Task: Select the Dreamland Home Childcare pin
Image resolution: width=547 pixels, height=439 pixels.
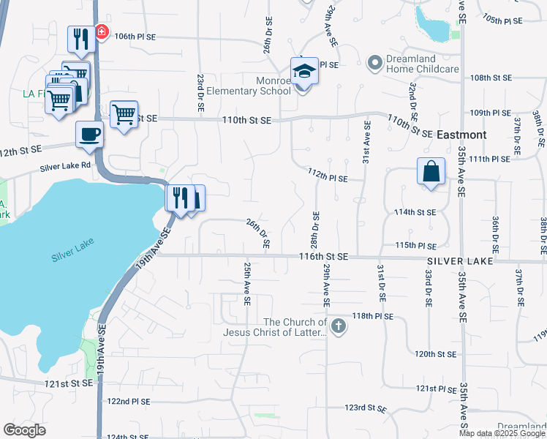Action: [375, 64]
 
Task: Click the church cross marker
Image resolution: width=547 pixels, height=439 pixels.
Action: [337, 326]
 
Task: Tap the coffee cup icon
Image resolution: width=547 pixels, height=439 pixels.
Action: [90, 135]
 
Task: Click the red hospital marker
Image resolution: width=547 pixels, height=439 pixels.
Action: [100, 33]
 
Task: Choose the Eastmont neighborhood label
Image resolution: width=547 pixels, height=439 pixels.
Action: [461, 135]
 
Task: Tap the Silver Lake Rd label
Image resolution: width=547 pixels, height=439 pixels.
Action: [64, 166]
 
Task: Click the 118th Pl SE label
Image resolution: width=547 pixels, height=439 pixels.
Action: [373, 316]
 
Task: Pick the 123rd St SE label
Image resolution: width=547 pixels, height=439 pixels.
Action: [366, 407]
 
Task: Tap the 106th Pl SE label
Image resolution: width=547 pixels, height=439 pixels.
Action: [136, 36]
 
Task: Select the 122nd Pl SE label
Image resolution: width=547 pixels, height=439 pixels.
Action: [128, 402]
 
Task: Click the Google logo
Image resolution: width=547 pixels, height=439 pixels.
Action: [25, 430]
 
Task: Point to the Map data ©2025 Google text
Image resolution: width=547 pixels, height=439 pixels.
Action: [501, 433]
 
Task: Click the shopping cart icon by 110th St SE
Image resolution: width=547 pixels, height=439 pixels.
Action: [124, 113]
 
